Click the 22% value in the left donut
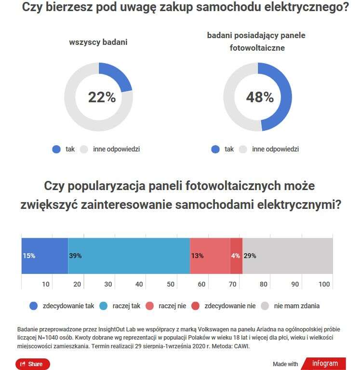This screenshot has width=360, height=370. coord(102,97)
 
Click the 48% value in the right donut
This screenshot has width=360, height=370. coord(260,97)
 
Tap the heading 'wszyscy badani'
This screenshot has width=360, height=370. coord(98,42)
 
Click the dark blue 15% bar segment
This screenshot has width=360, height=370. coord(45,256)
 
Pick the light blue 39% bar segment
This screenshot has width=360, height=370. coord(129,256)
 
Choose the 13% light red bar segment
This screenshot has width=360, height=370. coord(210,256)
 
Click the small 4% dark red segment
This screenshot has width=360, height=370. coord(236,256)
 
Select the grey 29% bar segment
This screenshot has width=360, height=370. coord(288,256)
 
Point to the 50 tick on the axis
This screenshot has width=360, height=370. coord(170,284)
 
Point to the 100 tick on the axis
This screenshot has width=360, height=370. coord(324,284)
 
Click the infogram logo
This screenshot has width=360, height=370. coord(325,364)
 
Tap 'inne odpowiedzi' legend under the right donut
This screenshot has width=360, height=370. coord(275,149)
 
